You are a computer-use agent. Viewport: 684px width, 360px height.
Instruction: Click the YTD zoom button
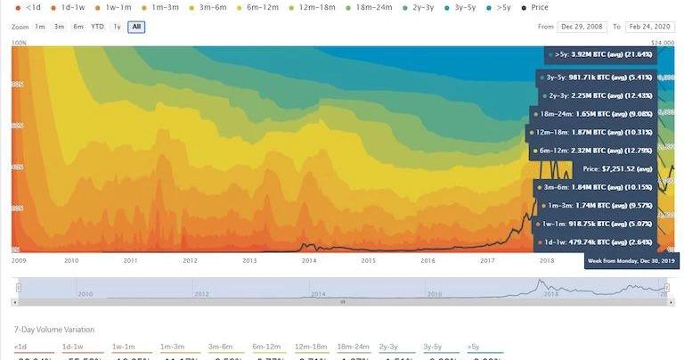pyautogui.click(x=97, y=27)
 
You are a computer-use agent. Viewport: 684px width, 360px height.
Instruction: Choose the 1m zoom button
pyautogui.click(x=40, y=27)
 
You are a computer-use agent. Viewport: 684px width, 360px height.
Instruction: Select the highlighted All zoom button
pyautogui.click(x=136, y=27)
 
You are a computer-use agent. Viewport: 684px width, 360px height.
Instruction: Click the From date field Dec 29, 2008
pyautogui.click(x=585, y=27)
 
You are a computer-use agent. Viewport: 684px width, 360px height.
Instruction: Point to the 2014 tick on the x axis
pyautogui.click(x=308, y=260)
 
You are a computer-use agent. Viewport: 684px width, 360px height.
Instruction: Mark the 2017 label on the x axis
pyautogui.click(x=487, y=260)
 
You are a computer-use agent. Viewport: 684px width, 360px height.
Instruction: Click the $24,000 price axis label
pyautogui.click(x=661, y=42)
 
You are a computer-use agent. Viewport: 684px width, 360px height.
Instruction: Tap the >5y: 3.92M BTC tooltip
pyautogui.click(x=602, y=54)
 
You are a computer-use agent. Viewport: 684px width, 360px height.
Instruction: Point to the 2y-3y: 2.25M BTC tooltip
pyautogui.click(x=598, y=95)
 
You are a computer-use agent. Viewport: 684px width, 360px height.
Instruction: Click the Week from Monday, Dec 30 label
pyautogui.click(x=632, y=260)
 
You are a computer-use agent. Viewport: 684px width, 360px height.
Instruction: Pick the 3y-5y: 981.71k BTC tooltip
pyautogui.click(x=598, y=77)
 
